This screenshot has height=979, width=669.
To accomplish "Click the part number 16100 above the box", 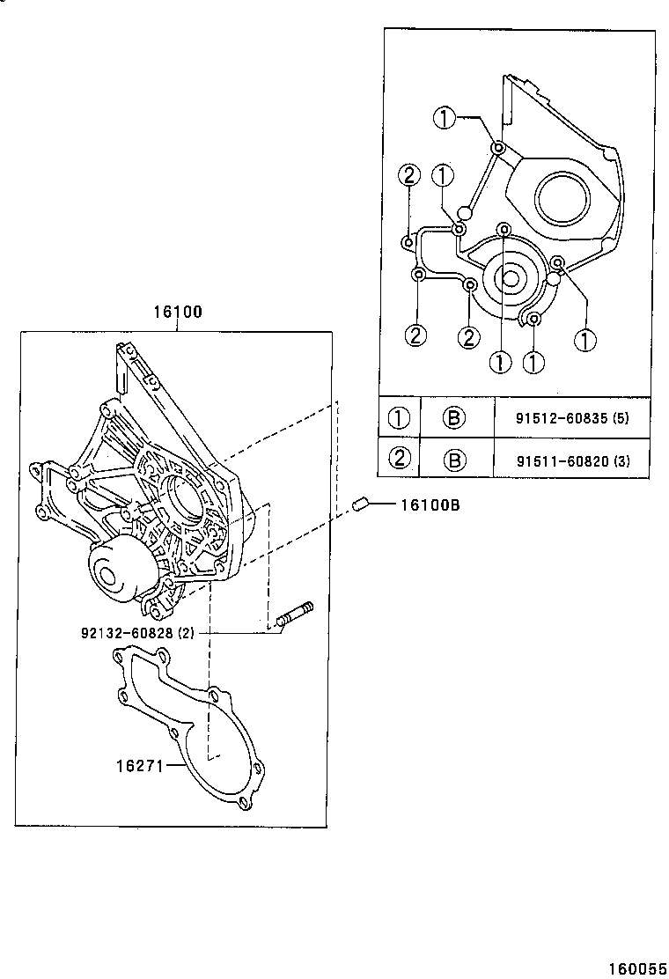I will coord(178,312).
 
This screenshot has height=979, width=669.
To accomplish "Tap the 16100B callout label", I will coord(430,505).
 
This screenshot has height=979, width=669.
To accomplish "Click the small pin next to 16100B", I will coord(359,504).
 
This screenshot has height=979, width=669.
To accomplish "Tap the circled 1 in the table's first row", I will coord(400,418).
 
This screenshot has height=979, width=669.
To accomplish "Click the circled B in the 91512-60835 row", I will coord(453,418).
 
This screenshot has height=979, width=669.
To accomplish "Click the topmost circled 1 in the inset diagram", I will coord(445,118).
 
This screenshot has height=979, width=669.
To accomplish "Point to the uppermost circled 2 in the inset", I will coord(408,175).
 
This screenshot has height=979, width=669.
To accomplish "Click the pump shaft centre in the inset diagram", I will coord(509,278).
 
